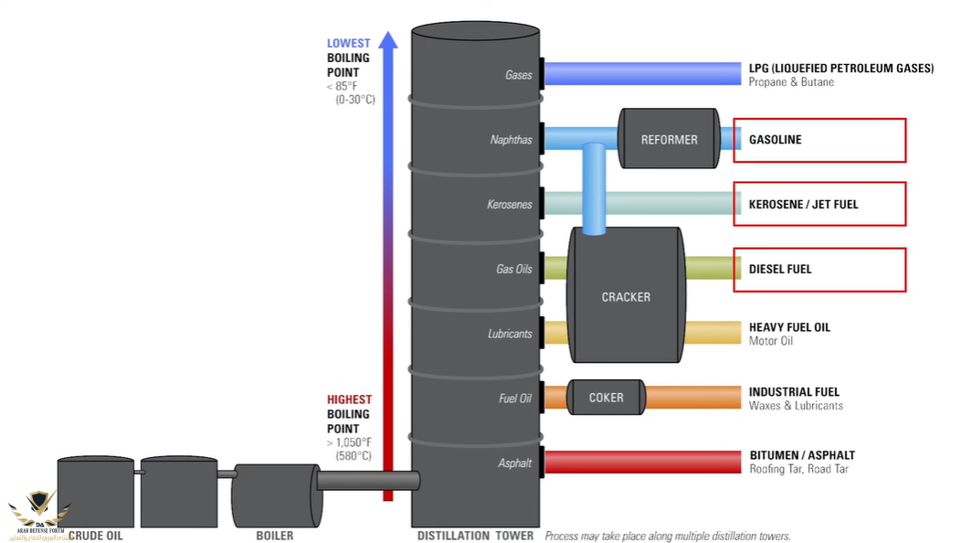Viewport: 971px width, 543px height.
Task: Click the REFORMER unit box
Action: click(x=669, y=139)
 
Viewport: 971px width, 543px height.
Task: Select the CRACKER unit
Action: click(x=626, y=296)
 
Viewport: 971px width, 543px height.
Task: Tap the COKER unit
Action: click(x=606, y=397)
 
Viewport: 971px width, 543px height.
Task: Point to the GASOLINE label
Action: click(x=776, y=140)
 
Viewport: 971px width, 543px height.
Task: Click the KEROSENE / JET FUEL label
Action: click(x=803, y=204)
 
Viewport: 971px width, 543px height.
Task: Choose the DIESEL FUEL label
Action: click(x=780, y=269)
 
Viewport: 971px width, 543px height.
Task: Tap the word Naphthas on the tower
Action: click(x=511, y=140)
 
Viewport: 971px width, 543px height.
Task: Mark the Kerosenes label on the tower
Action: click(x=509, y=205)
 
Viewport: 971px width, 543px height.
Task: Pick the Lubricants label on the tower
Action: click(x=509, y=334)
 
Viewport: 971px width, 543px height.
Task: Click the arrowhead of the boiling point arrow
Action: click(x=388, y=40)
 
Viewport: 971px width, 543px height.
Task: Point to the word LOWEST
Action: click(x=349, y=43)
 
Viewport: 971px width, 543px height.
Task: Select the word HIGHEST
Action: click(x=350, y=399)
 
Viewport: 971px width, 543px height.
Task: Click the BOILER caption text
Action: click(x=274, y=536)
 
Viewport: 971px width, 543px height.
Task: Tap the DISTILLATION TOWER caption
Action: click(x=475, y=536)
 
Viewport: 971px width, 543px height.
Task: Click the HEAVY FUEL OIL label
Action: click(x=789, y=326)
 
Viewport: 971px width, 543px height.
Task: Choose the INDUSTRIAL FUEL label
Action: click(x=794, y=391)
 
